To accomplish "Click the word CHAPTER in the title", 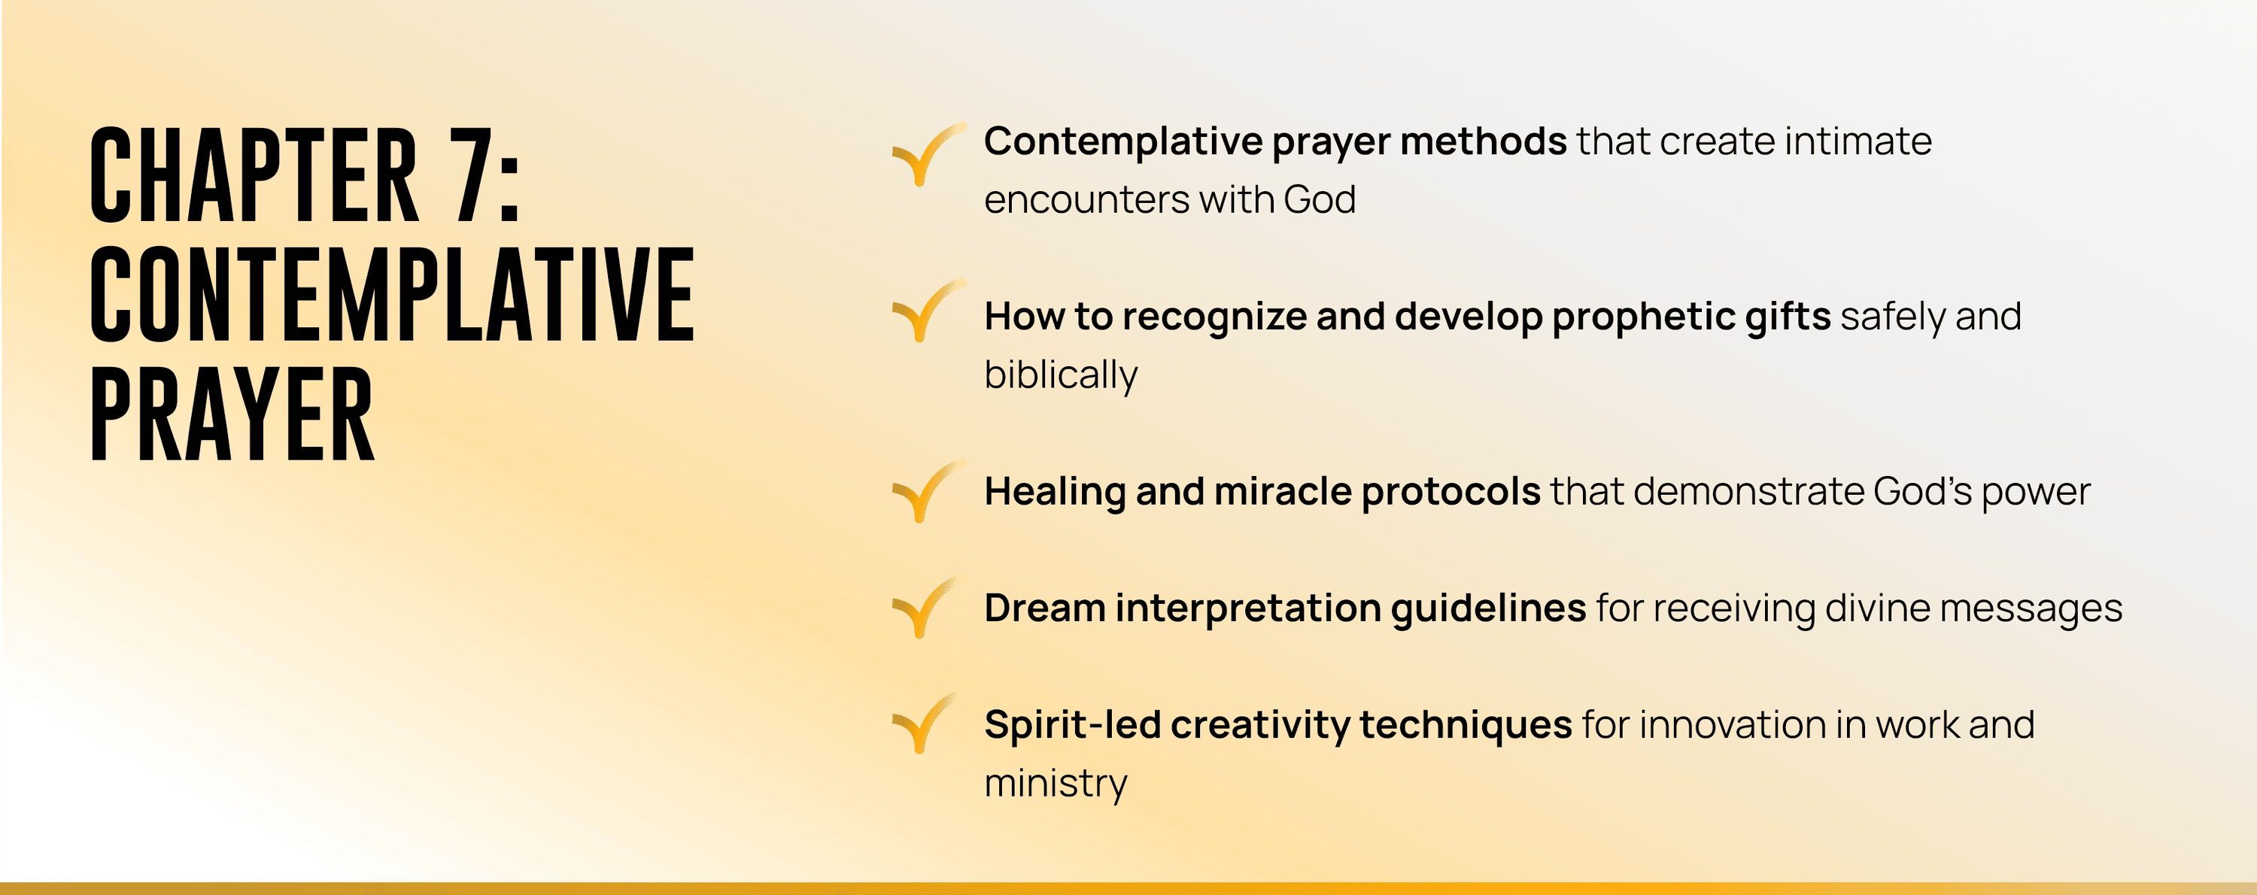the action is point(254,174).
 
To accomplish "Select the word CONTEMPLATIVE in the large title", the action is point(393,294).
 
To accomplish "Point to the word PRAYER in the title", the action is point(232,414).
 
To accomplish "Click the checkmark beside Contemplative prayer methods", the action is point(928,154).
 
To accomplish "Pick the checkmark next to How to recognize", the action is point(928,310).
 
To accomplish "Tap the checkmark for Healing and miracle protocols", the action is point(928,491).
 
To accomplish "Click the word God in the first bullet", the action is point(1320,199).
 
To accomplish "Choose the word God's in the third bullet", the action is point(1922,491).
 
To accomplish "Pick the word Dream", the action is point(1044,608).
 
